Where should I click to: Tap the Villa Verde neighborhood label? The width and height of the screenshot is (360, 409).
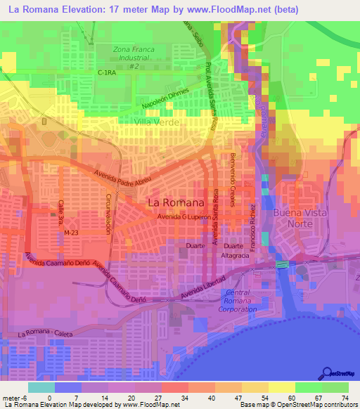pyautogui.click(x=157, y=122)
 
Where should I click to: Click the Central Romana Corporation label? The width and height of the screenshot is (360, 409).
pyautogui.click(x=237, y=300)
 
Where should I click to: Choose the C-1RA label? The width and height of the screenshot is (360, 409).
pyautogui.click(x=106, y=72)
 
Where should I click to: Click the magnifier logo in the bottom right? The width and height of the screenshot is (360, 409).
pyautogui.click(x=326, y=372)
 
